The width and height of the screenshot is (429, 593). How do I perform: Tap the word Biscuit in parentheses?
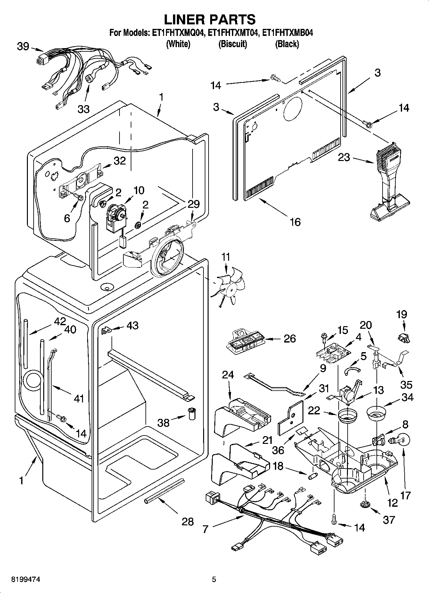click(x=233, y=44)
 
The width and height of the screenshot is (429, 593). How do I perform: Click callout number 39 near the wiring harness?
click(x=23, y=47)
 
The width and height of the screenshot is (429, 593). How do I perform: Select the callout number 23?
click(x=344, y=157)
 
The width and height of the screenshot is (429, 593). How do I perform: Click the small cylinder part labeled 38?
click(x=192, y=414)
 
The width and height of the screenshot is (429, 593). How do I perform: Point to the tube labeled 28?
click(x=164, y=491)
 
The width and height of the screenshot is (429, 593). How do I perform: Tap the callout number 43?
click(x=132, y=326)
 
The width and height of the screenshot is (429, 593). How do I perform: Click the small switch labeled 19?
click(x=404, y=337)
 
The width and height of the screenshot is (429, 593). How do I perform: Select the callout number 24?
click(x=228, y=375)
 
